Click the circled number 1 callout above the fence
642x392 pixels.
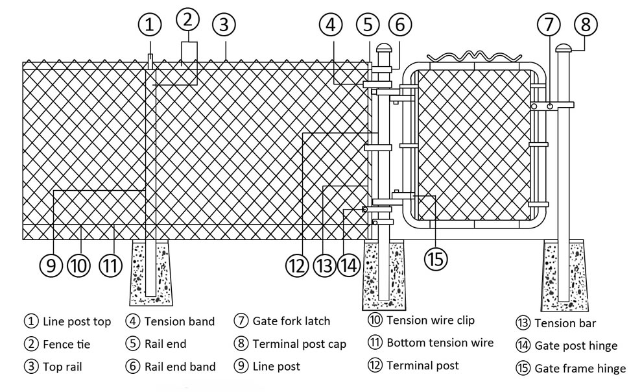pyautogui.click(x=150, y=25)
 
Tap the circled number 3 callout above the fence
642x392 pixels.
pyautogui.click(x=224, y=25)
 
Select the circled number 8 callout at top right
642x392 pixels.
pyautogui.click(x=586, y=25)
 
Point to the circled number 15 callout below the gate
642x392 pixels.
pyautogui.click(x=436, y=258)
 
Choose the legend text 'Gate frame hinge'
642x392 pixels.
pyautogui.click(x=580, y=368)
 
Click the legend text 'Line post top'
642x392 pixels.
pyautogui.click(x=77, y=321)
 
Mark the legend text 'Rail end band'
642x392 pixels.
pyautogui.click(x=178, y=367)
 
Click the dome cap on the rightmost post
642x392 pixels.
pyautogui.click(x=563, y=49)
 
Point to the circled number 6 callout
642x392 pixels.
pyautogui.click(x=399, y=25)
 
